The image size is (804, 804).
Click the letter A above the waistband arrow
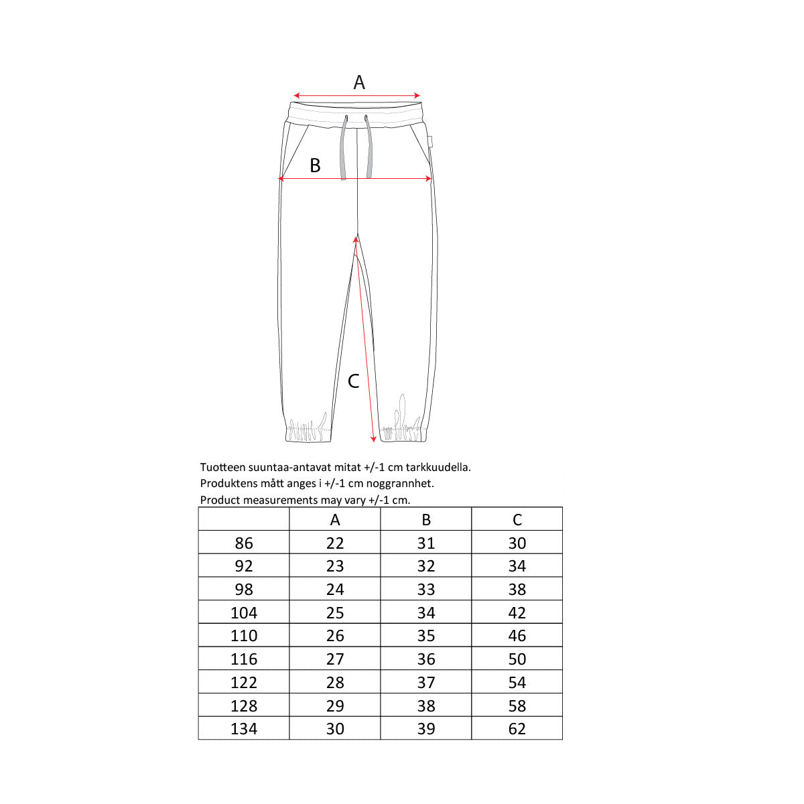[359, 82]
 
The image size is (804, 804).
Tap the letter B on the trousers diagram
[315, 165]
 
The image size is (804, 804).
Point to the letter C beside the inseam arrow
[353, 381]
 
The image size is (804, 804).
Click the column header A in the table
[335, 520]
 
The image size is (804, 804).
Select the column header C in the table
[517, 520]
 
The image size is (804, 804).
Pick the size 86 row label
[244, 543]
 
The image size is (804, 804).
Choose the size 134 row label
[244, 729]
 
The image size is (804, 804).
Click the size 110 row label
[244, 636]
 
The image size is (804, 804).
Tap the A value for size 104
[335, 613]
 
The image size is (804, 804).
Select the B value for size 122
[426, 683]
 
